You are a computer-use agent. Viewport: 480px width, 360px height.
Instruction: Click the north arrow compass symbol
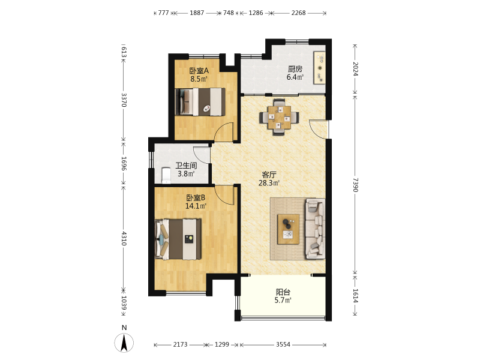coord(124,343)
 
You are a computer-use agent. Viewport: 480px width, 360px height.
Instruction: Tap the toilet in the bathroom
coord(166,175)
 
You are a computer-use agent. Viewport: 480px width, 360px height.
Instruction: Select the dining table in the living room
coord(279,117)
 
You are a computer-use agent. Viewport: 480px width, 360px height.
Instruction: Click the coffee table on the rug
coord(288,229)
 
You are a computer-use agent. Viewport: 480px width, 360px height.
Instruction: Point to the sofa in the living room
coord(315,229)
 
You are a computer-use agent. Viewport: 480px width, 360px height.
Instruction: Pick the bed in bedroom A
coord(200,102)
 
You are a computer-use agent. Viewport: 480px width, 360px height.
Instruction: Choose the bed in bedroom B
coord(178,239)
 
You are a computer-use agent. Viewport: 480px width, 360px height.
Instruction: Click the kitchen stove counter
coord(319,68)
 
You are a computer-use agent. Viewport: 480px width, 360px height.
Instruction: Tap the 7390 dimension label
coord(355,185)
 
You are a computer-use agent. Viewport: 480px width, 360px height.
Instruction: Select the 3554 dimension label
coord(283,344)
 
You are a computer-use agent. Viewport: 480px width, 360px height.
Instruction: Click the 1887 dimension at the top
coord(197,13)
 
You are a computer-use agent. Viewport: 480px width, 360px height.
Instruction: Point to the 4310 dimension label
coord(124,238)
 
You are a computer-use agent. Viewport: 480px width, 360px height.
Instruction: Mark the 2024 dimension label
coord(355,69)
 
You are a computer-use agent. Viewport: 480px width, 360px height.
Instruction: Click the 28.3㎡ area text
coord(269,183)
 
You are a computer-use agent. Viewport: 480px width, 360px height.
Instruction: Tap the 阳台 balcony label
coord(283,292)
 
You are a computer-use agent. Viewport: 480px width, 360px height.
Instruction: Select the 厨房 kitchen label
coord(295,69)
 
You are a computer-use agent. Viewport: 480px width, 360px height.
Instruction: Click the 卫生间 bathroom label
coord(186,166)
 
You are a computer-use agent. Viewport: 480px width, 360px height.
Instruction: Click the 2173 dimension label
coord(180,344)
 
